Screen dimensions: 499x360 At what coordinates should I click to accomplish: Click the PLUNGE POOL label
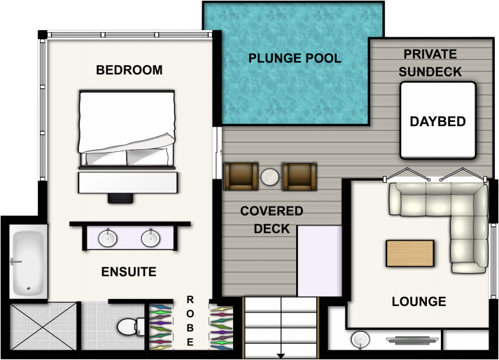pyautogui.click(x=295, y=58)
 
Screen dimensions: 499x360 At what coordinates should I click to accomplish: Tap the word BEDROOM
pyautogui.click(x=129, y=70)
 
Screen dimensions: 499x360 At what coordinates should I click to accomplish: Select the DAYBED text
pyautogui.click(x=438, y=121)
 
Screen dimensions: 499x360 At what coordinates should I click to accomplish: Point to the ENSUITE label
pyautogui.click(x=129, y=272)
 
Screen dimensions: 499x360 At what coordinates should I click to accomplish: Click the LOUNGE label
pyautogui.click(x=419, y=301)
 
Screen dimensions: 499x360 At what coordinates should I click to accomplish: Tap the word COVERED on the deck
pyautogui.click(x=272, y=211)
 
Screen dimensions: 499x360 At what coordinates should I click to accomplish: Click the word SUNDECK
pyautogui.click(x=430, y=72)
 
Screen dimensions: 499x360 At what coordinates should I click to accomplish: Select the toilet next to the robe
pyautogui.click(x=131, y=326)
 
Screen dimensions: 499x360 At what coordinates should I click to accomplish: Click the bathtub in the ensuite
pyautogui.click(x=28, y=261)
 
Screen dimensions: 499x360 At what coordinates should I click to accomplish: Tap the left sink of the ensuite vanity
pyautogui.click(x=108, y=238)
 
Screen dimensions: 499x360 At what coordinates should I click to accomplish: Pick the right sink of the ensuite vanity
pyautogui.click(x=150, y=238)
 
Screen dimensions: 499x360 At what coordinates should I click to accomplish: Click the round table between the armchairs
pyautogui.click(x=270, y=176)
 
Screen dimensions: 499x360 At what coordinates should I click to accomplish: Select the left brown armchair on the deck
pyautogui.click(x=241, y=176)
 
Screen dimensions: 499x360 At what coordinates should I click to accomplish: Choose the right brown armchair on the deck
pyautogui.click(x=300, y=176)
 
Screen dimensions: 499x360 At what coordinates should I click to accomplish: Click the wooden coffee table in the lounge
pyautogui.click(x=410, y=254)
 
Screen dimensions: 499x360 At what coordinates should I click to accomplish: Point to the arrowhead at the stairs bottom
pyautogui.click(x=281, y=356)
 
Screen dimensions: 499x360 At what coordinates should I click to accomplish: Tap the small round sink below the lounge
pyautogui.click(x=360, y=340)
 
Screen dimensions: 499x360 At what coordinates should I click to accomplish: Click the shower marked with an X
pyautogui.click(x=43, y=326)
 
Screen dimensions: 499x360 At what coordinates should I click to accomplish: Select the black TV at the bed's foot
pyautogui.click(x=120, y=198)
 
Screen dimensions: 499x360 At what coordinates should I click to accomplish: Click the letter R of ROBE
pyautogui.click(x=190, y=300)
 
